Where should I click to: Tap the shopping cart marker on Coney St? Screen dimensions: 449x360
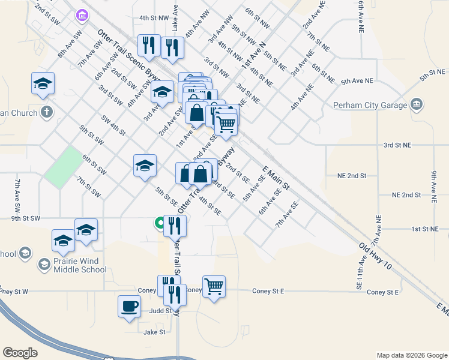(214, 287)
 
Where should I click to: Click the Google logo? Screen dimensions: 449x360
(20, 353)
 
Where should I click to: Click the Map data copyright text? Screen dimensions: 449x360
(411, 355)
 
